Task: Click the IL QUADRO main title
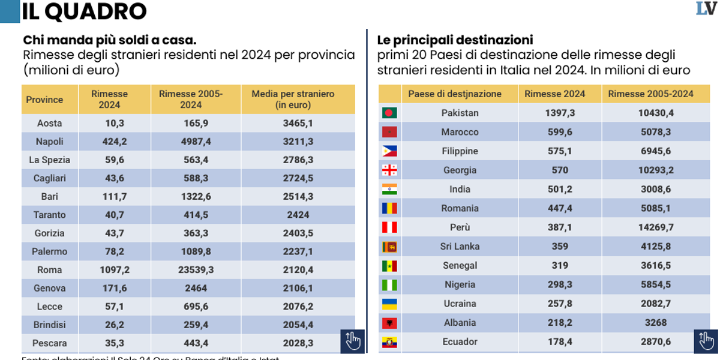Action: pos(84,11)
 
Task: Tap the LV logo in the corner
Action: pos(706,8)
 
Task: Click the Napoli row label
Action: pos(49,142)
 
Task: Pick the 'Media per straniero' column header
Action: pos(293,99)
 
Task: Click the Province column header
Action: pos(44,100)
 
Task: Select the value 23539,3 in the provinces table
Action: pos(196,270)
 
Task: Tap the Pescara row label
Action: pos(49,343)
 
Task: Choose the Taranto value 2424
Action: pos(298,215)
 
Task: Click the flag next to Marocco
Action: pos(389,132)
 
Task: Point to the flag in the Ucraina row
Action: pos(389,304)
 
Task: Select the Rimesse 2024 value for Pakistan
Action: pos(560,113)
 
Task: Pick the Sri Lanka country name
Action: pos(460,247)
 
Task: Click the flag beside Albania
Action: pos(389,323)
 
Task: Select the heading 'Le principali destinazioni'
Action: pos(455,40)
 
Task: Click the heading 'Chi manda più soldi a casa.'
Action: pos(110,40)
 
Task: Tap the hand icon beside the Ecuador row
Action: pos(706,341)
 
